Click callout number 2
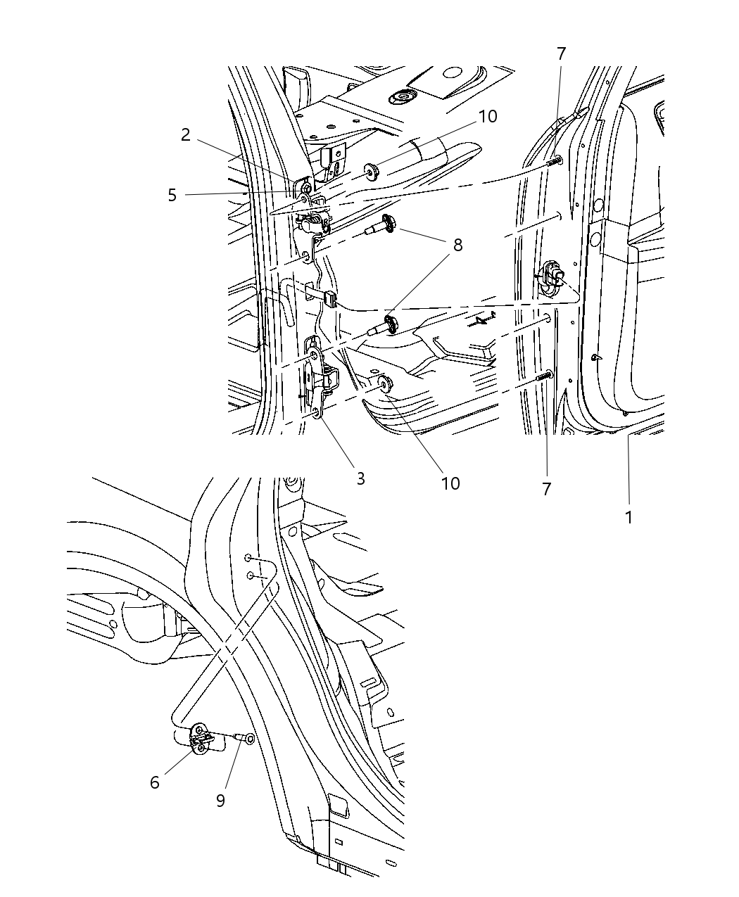186,135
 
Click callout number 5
172,195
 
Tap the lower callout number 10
450,483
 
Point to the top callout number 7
561,54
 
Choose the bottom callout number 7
547,489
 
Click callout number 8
458,245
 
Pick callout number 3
360,479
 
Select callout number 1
629,518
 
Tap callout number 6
155,782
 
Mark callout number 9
220,801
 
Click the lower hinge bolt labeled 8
386,324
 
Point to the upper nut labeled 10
370,172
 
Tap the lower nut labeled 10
384,383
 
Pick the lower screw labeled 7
545,376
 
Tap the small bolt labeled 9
244,738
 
